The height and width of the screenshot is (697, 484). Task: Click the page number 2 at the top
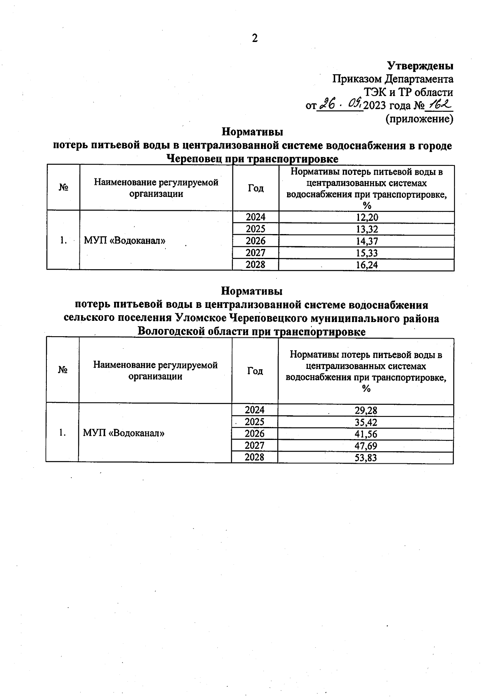tap(255, 38)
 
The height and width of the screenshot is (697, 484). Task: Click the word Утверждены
tap(420, 65)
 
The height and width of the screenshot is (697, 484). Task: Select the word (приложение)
tap(419, 119)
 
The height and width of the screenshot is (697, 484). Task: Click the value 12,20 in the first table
tap(367, 217)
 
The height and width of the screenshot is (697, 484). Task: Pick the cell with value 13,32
tap(367, 229)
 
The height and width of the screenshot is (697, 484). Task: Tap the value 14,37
tap(367, 241)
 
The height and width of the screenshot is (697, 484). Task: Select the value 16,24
tap(367, 265)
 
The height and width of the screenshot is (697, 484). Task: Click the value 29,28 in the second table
tap(366, 411)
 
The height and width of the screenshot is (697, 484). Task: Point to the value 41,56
tap(366, 434)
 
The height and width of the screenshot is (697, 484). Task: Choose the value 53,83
tap(366, 458)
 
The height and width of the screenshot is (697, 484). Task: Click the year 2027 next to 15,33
tap(256, 253)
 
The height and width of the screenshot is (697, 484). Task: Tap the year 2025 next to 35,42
tap(255, 422)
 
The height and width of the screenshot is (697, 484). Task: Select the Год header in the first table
tap(256, 188)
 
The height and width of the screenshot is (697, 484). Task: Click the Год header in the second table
tap(255, 370)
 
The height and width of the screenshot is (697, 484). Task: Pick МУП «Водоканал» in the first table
tap(125, 241)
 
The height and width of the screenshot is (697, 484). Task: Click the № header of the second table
tap(63, 370)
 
